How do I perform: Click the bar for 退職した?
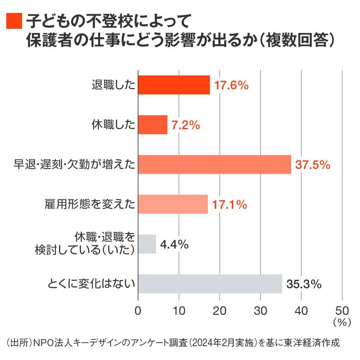point(174,85)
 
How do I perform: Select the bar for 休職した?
point(153,125)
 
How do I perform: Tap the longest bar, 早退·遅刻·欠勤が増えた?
point(214,164)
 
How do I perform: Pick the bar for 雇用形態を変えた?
point(173,204)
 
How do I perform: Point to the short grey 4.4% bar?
point(147,244)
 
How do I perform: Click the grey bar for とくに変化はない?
point(210,284)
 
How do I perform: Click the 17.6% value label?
point(231,86)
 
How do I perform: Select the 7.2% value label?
point(186,125)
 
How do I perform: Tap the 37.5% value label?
point(312,165)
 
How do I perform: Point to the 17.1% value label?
point(230,204)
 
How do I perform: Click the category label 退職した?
point(113,86)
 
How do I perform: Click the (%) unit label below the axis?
point(341,321)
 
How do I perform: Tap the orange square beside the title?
point(14,19)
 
